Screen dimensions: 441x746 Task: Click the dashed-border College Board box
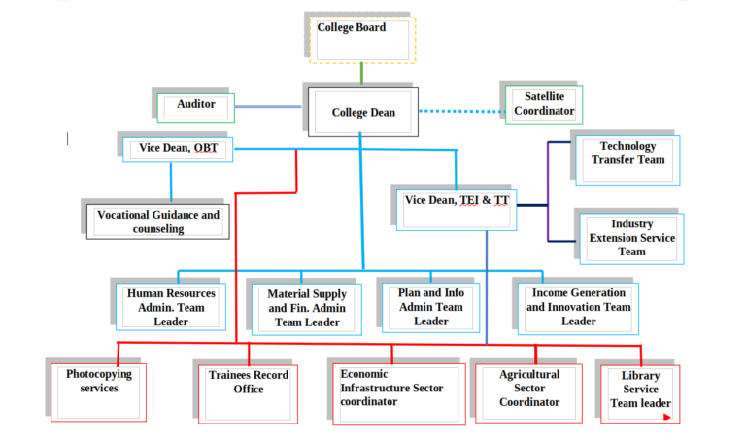click(362, 40)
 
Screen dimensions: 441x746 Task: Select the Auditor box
click(196, 108)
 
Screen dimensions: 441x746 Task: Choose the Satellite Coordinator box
click(544, 106)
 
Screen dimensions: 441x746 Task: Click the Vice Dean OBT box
click(177, 150)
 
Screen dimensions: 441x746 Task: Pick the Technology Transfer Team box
click(627, 160)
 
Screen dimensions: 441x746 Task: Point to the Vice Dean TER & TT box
click(457, 209)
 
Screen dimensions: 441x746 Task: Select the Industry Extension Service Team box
click(632, 239)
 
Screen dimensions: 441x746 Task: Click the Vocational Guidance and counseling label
click(159, 221)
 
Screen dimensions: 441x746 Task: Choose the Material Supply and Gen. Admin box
click(306, 309)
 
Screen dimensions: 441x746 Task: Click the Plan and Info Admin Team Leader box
click(431, 307)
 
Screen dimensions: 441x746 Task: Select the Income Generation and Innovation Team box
click(579, 306)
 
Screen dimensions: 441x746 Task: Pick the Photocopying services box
click(98, 391)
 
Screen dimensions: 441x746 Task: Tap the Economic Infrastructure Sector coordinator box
click(391, 393)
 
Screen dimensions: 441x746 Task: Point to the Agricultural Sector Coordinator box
click(528, 392)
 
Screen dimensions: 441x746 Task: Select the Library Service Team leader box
click(640, 393)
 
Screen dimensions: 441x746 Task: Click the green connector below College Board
click(362, 73)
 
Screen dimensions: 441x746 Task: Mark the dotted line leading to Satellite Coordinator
click(460, 111)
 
